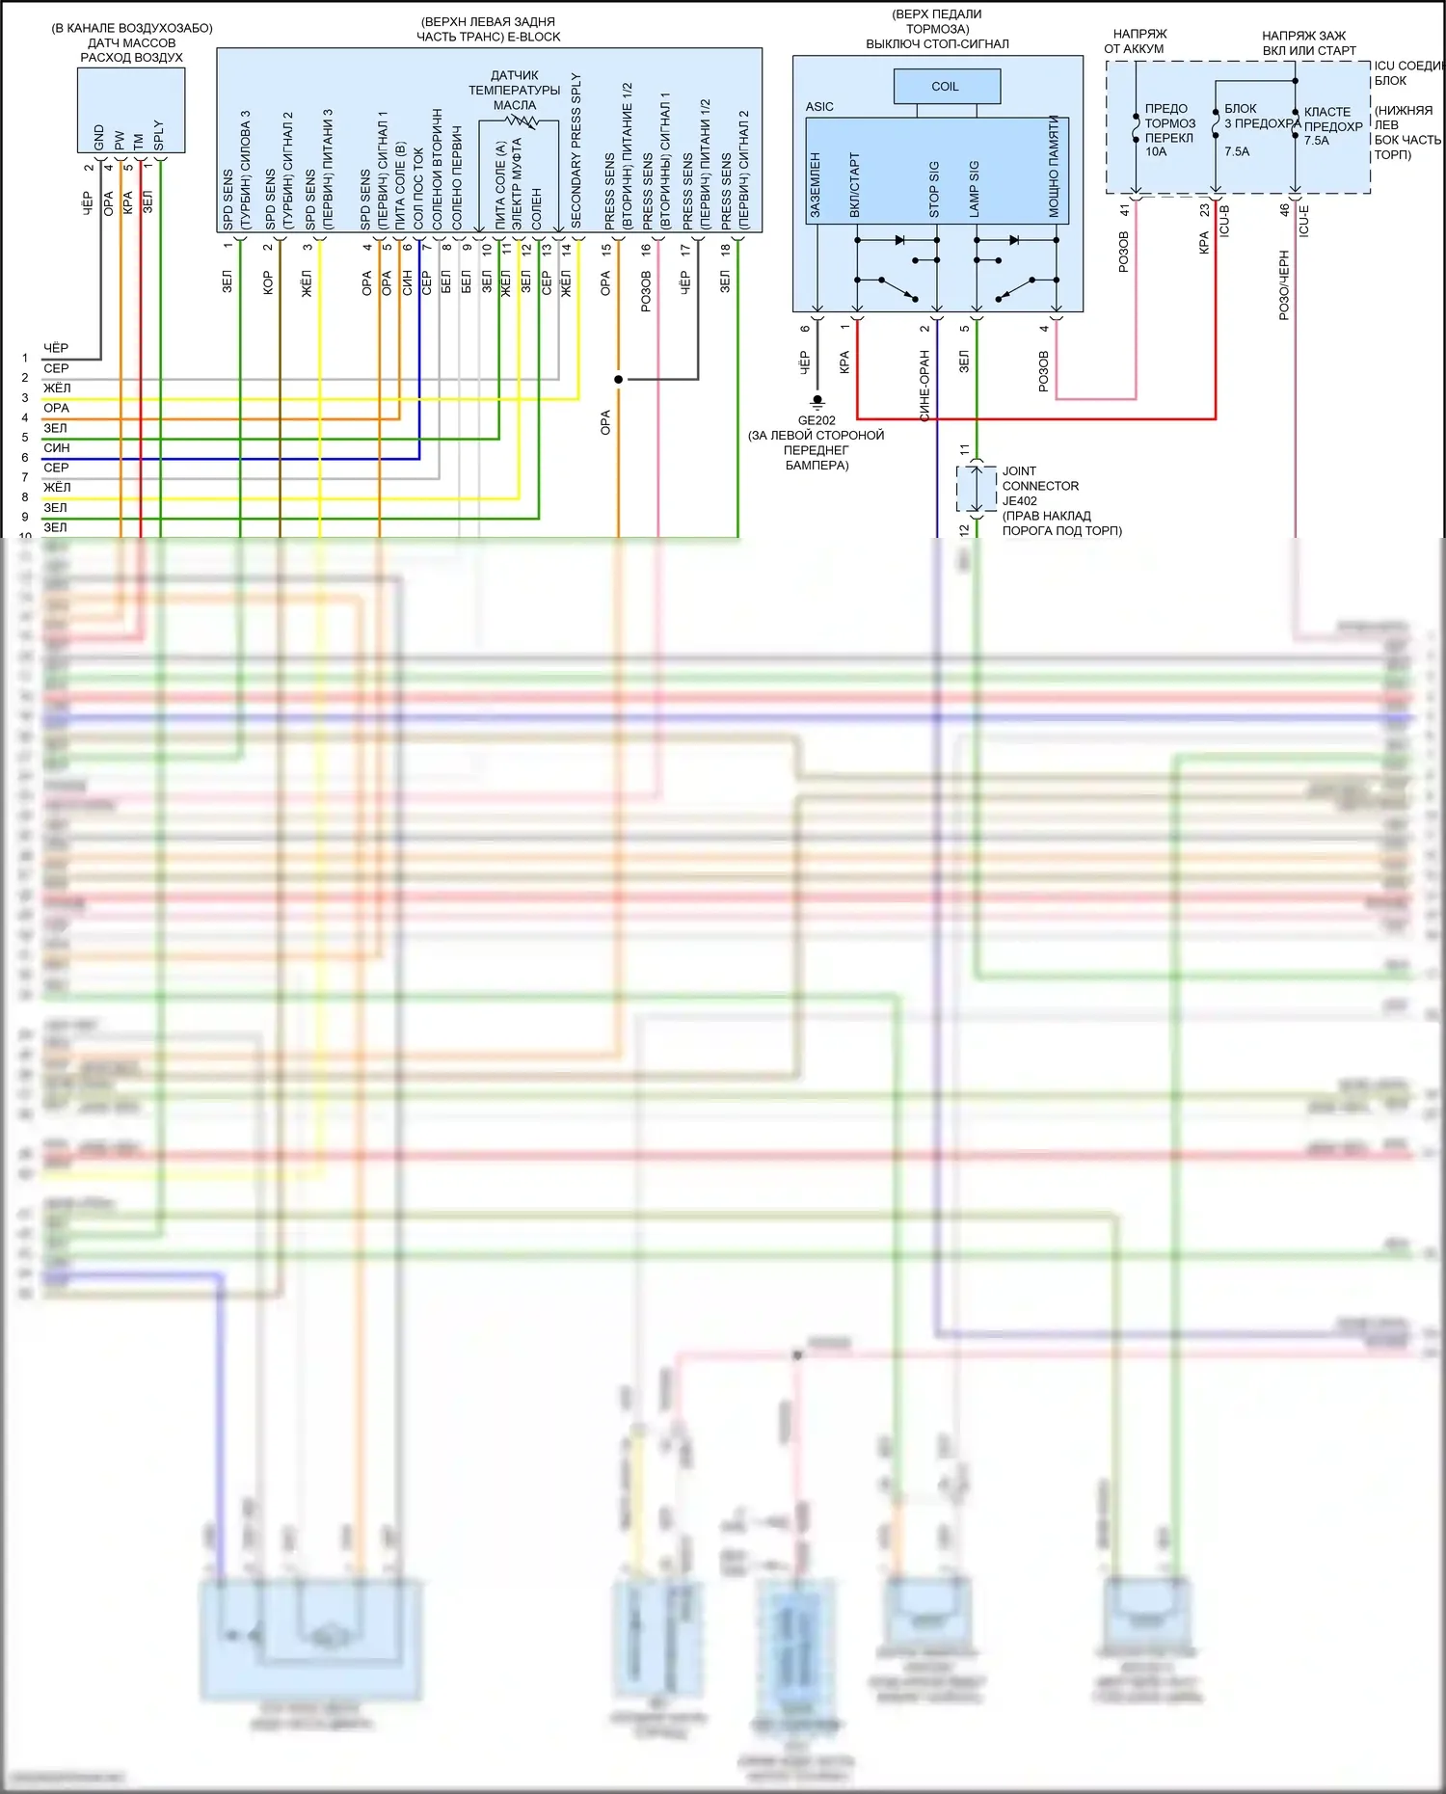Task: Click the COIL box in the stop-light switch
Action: pos(946,87)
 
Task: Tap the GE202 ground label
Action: pos(817,420)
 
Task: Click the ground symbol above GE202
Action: pos(817,400)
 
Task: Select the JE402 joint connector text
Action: pos(1020,500)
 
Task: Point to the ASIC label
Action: pos(819,107)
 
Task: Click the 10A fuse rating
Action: pos(1156,151)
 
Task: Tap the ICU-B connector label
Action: pos(1224,221)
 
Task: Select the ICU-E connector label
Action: pos(1303,221)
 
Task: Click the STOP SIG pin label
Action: pos(933,189)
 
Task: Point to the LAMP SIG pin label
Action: pos(974,188)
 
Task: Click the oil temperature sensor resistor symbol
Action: pos(522,121)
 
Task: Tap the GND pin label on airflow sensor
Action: pos(99,137)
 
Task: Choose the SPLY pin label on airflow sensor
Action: pos(159,135)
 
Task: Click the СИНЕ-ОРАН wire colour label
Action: pos(924,386)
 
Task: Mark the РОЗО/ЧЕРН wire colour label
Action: pos(1284,285)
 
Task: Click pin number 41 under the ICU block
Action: pos(1124,210)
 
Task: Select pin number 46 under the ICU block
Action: pos(1284,210)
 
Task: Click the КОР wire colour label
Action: pos(268,282)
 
